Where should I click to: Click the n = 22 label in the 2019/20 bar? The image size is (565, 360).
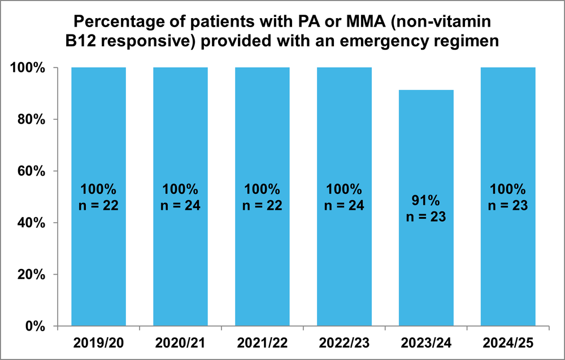tap(98, 206)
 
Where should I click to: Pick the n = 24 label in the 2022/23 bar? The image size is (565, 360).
tap(344, 206)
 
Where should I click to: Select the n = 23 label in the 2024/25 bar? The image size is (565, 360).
tap(508, 206)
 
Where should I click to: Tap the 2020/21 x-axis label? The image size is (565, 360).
tap(180, 343)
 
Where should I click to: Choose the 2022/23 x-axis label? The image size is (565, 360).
tap(344, 343)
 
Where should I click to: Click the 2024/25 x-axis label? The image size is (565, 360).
tap(508, 343)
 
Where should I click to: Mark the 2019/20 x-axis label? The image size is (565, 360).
tap(98, 343)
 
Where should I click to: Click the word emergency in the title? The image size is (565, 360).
tap(388, 42)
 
